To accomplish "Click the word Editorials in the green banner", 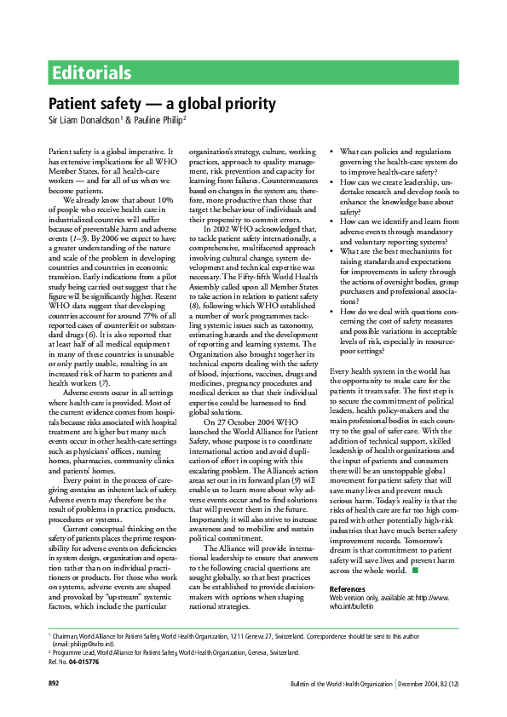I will pos(91,72).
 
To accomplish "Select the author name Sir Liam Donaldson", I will pos(83,120).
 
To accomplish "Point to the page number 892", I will pos(53,708).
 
